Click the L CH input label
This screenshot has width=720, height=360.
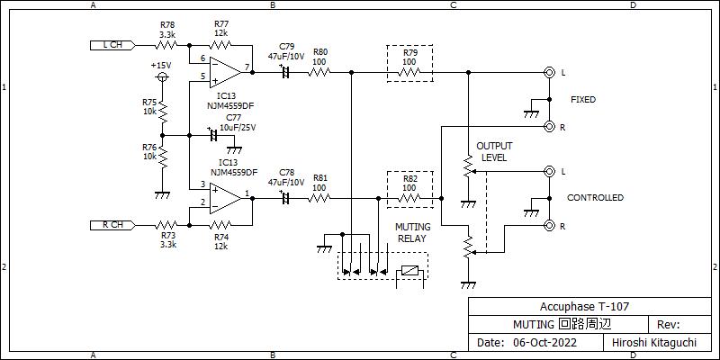point(113,45)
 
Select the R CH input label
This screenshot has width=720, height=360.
point(113,225)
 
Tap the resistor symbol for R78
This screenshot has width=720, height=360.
point(166,45)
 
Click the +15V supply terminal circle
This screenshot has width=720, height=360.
point(162,76)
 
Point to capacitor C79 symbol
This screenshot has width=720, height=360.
point(284,72)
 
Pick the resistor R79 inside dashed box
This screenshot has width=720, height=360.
point(409,72)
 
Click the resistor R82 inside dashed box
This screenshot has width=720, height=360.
point(409,198)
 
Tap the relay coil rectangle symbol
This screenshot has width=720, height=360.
point(410,271)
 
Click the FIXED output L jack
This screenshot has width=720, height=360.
point(549,72)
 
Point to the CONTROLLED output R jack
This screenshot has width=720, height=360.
point(549,226)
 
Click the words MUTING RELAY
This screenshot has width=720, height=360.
point(414,233)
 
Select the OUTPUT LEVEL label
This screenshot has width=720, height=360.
point(494,152)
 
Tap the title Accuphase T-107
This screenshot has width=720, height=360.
point(584,306)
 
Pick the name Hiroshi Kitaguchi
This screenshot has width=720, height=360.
point(654,342)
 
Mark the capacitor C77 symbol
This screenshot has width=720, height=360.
point(213,136)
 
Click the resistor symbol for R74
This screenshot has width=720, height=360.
point(220,225)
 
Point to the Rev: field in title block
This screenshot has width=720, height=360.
point(669,324)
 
